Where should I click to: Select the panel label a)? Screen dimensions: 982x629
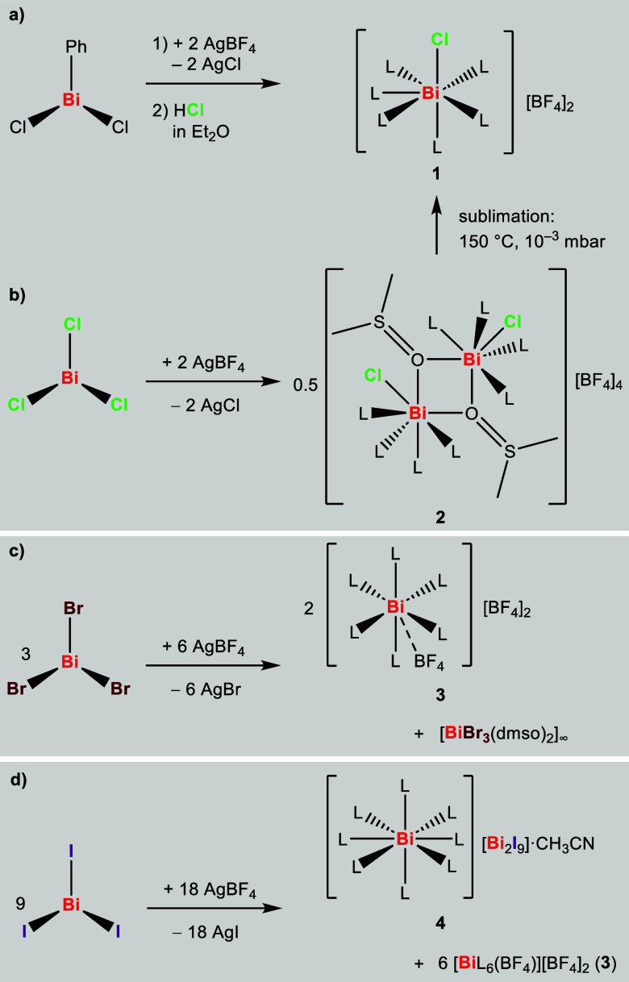18,14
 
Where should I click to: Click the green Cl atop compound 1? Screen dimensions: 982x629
435,38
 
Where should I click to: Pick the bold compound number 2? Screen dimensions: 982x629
435,513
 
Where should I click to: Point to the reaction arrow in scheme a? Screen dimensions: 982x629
214,83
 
